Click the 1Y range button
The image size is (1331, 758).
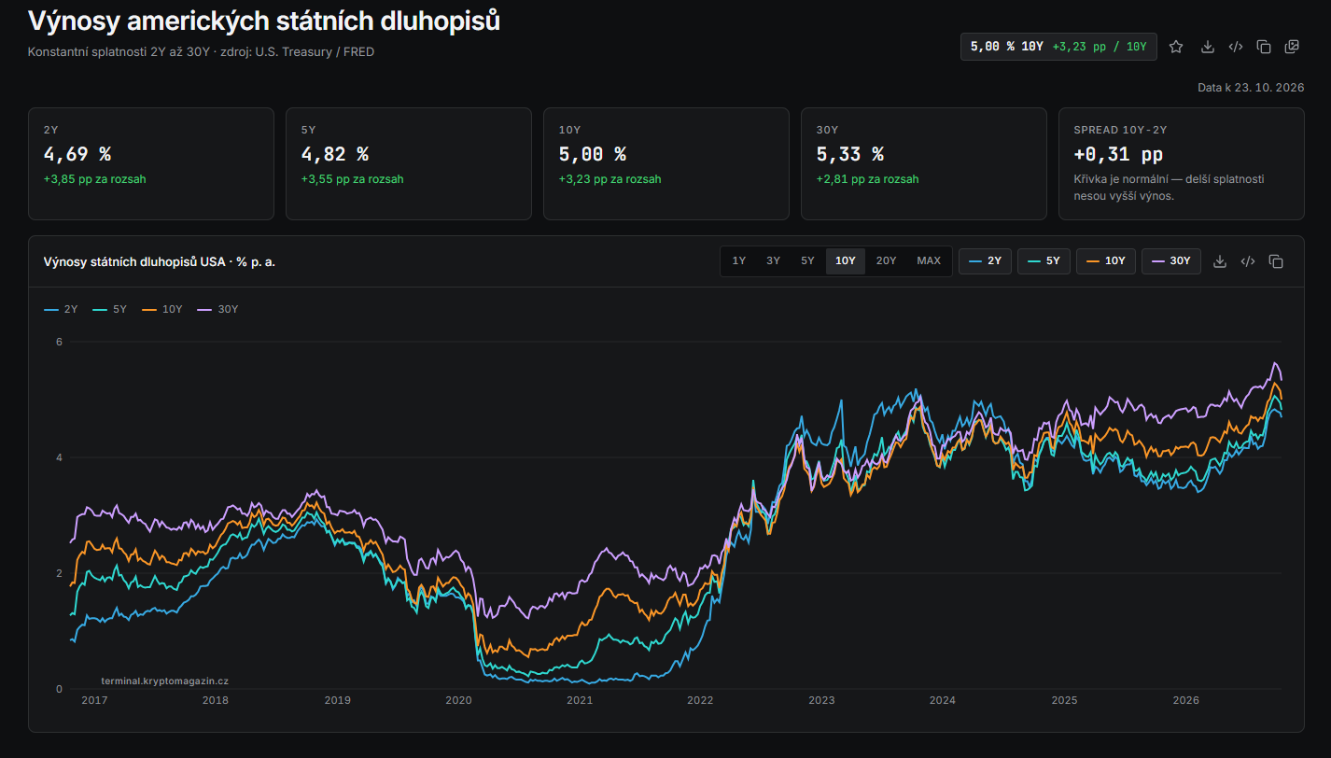coord(738,260)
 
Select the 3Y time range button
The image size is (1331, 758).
coord(773,260)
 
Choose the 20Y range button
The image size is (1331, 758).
coord(886,260)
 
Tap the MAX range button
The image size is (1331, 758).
coord(929,260)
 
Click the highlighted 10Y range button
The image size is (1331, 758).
coord(846,260)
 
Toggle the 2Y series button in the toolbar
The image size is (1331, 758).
coord(985,261)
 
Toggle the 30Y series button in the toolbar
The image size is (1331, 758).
coord(1171,261)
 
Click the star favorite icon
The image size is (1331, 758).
coord(1176,47)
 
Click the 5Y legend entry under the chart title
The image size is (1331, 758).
coord(110,310)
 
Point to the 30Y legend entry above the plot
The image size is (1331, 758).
coord(217,310)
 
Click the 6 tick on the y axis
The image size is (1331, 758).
coord(59,342)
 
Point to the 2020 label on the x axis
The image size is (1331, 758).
coord(458,700)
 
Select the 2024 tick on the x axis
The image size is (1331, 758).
coord(943,700)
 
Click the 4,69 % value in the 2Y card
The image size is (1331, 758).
coord(77,154)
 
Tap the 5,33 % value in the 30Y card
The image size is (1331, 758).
coord(849,154)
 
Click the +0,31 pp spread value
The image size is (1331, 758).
coord(1118,154)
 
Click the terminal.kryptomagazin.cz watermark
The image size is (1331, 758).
coord(164,681)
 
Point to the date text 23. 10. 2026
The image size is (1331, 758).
coord(1269,88)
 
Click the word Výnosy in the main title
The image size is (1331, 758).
coord(74,21)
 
